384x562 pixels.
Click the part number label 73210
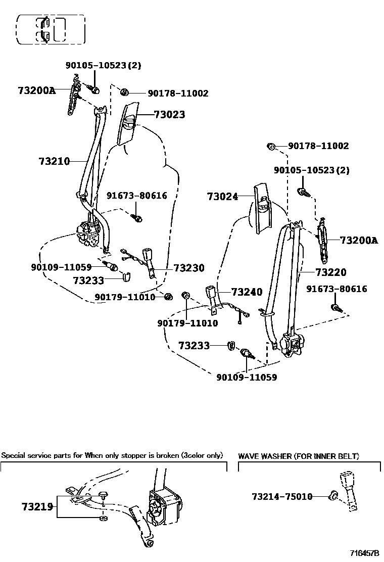click(54, 161)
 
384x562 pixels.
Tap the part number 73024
click(222, 197)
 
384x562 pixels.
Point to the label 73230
click(189, 268)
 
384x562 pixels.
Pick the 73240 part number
click(247, 292)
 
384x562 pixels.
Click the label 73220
click(331, 272)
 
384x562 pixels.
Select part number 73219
click(37, 506)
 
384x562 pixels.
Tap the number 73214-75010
click(282, 497)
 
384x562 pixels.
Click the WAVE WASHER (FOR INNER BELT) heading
click(299, 456)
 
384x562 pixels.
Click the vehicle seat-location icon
click(51, 29)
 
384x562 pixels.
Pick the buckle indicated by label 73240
click(212, 294)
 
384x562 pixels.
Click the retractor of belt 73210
click(90, 234)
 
